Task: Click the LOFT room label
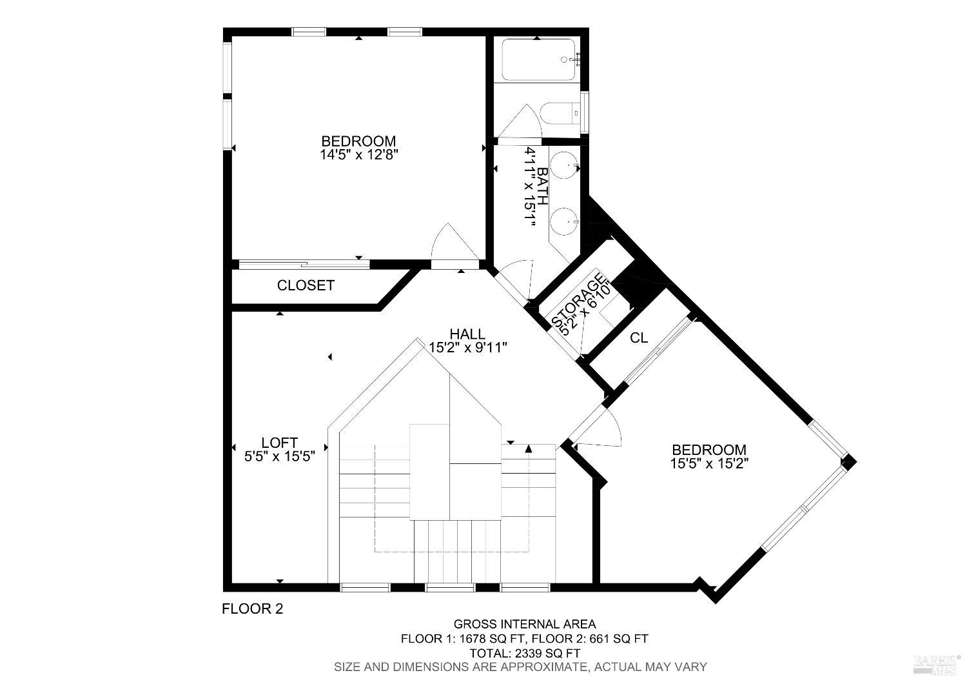(x=279, y=443)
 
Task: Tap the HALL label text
(x=467, y=334)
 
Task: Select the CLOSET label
(x=306, y=285)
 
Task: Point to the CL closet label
(x=639, y=338)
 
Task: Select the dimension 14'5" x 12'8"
(x=358, y=155)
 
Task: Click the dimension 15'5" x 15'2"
(x=709, y=463)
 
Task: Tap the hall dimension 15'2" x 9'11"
(x=468, y=348)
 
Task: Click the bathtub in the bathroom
(x=538, y=60)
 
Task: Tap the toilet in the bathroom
(x=560, y=115)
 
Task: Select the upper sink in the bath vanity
(x=565, y=166)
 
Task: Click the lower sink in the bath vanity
(x=565, y=221)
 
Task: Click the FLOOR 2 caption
(x=252, y=609)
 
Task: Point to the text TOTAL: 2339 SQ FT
(x=524, y=653)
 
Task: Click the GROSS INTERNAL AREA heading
(x=525, y=624)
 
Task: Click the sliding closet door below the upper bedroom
(x=304, y=264)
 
